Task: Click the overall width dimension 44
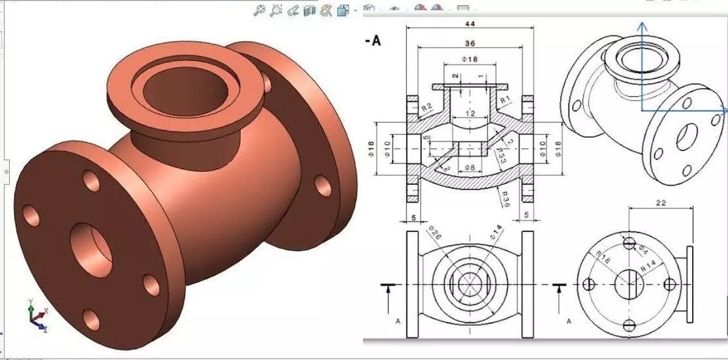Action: pos(470,24)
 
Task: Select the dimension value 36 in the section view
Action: pos(470,43)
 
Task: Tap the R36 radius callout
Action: pos(504,196)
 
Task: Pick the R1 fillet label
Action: pos(505,100)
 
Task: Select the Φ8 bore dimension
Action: pos(469,169)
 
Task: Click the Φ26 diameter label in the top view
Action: pos(435,233)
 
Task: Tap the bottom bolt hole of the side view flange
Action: pos(629,325)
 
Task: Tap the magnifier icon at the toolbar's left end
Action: pos(259,9)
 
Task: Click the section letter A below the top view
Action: pos(398,321)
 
